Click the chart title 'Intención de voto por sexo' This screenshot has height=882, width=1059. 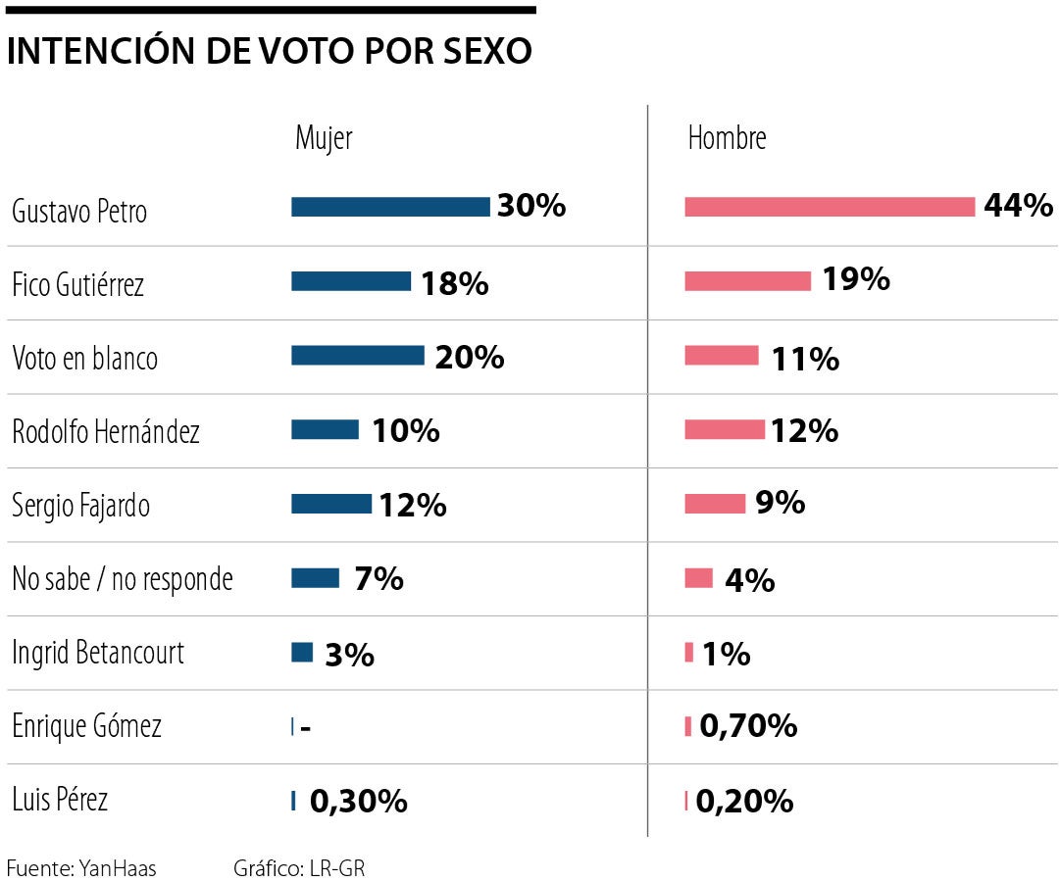(x=270, y=52)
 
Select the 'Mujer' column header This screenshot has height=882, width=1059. (x=324, y=138)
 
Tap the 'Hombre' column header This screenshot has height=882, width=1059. (x=727, y=138)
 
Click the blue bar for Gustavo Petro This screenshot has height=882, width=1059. (x=390, y=207)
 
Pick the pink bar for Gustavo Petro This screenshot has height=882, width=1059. (x=830, y=207)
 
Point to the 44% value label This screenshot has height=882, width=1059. (x=1018, y=206)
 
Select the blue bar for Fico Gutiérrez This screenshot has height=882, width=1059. (x=351, y=281)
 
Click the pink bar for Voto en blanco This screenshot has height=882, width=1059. (x=722, y=356)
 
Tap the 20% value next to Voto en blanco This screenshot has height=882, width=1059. (x=470, y=358)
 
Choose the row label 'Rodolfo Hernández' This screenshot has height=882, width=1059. (x=106, y=432)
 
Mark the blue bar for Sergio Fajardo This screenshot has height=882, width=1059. (x=331, y=504)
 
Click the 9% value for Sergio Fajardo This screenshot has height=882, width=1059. (x=781, y=503)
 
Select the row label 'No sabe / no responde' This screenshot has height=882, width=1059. (x=123, y=579)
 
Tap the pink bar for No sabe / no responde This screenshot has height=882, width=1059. (x=698, y=578)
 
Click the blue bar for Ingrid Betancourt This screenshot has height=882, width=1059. (x=302, y=652)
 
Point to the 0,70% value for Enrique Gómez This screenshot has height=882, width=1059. (x=748, y=726)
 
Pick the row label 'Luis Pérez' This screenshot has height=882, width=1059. (x=60, y=800)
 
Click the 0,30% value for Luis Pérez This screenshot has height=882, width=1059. (x=359, y=802)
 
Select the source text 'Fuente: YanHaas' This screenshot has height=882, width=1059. (x=81, y=868)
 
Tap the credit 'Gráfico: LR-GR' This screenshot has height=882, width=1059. (x=299, y=868)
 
